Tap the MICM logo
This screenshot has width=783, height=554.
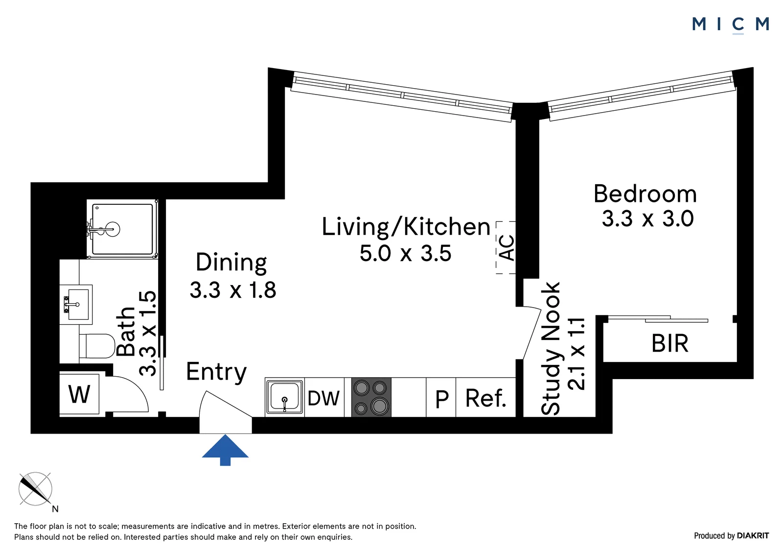pyautogui.click(x=730, y=24)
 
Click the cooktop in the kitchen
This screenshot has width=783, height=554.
pyautogui.click(x=371, y=397)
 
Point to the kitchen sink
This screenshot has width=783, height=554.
pyautogui.click(x=284, y=397)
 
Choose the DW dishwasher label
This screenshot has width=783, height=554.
pyautogui.click(x=323, y=398)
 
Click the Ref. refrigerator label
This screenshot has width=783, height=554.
pyautogui.click(x=486, y=398)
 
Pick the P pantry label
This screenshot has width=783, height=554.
pyautogui.click(x=442, y=399)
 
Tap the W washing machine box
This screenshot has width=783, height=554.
pyautogui.click(x=79, y=394)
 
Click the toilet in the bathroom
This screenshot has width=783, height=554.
pyautogui.click(x=97, y=346)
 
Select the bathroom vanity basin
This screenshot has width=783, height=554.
pyautogui.click(x=76, y=305)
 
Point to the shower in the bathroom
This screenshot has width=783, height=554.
pyautogui.click(x=122, y=229)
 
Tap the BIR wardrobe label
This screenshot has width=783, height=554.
pyautogui.click(x=670, y=343)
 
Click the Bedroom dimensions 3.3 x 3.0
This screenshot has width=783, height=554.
pyautogui.click(x=648, y=219)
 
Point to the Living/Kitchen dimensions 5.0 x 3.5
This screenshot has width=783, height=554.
pyautogui.click(x=406, y=253)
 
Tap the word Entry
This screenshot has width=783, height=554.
pyautogui.click(x=216, y=372)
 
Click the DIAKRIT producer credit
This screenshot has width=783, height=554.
pyautogui.click(x=753, y=535)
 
